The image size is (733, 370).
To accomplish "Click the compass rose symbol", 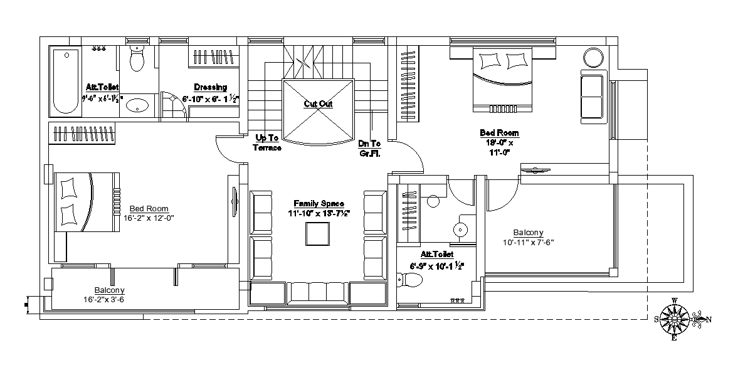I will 675,319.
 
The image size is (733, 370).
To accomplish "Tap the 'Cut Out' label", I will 318,104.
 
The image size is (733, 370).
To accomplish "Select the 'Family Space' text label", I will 319,204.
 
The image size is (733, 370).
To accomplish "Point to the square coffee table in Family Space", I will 317,234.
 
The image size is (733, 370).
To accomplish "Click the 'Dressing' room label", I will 210,87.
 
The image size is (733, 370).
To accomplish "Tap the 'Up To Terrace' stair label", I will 267,143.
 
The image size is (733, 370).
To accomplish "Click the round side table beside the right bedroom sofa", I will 593,58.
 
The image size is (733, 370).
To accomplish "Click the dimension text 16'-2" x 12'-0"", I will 148,218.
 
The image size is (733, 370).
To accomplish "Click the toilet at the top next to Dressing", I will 136,60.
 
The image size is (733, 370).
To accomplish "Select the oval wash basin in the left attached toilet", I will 137,105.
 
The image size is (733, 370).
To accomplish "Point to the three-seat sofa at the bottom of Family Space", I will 318,292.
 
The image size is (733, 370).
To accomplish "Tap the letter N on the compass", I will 709,320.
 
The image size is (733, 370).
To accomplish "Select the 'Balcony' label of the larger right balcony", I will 527,232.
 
